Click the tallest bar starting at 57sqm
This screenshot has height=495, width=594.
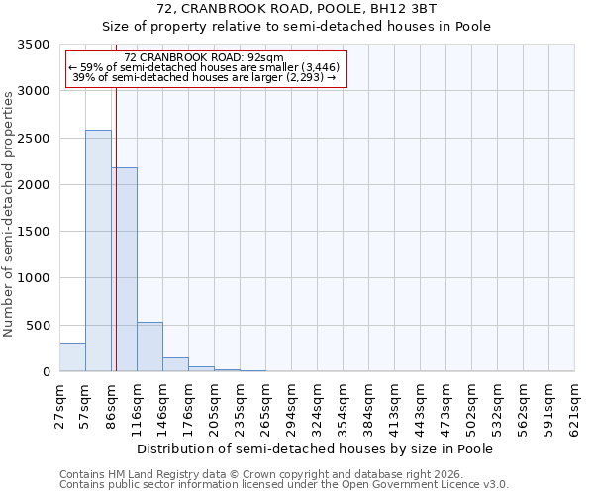(x=98, y=250)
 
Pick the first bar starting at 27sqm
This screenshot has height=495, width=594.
(x=72, y=357)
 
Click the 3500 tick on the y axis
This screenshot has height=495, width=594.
(x=34, y=46)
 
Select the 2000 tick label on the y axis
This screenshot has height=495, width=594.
(x=34, y=185)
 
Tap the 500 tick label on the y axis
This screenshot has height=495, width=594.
(x=38, y=326)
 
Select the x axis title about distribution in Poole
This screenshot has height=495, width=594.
(x=314, y=448)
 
